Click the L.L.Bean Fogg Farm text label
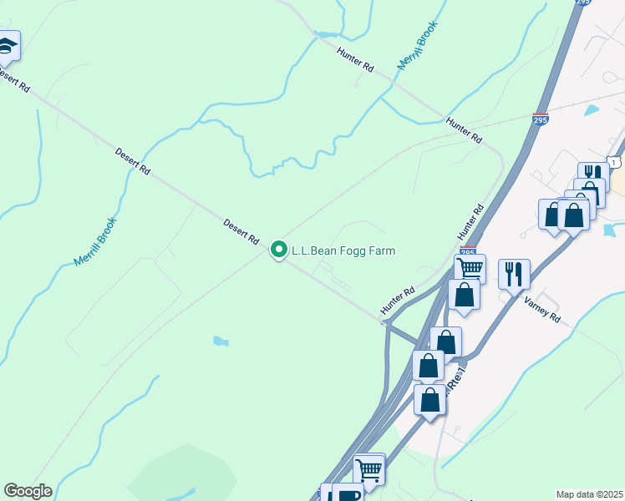tap(343, 250)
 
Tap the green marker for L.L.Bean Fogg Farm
tap(279, 250)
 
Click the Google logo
tap(28, 490)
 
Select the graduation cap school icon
tap(7, 45)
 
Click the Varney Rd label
tap(543, 312)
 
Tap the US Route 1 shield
tap(615, 161)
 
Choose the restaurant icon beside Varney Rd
tap(514, 273)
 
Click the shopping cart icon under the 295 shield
tap(470, 268)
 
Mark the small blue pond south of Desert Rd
tap(220, 341)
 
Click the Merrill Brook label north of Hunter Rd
tap(418, 46)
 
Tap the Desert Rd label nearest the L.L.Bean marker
tap(241, 231)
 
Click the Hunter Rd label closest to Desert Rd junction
tap(398, 301)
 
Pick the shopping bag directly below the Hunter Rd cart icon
tap(463, 294)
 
